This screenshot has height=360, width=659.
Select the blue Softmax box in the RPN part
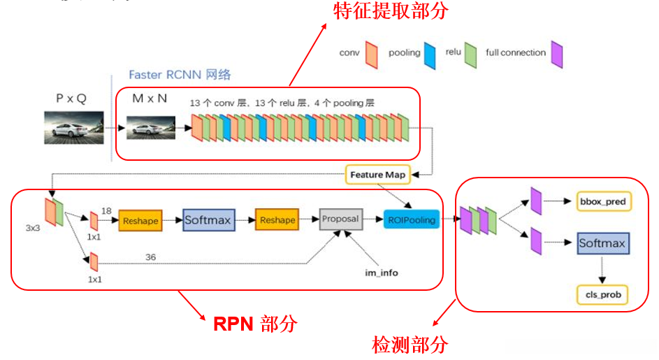[207, 220]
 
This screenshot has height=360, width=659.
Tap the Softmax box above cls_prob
[602, 244]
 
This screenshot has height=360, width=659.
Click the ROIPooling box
[412, 220]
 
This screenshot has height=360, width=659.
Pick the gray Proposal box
[340, 219]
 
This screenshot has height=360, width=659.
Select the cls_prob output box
[602, 295]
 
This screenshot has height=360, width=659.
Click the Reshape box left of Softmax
[140, 220]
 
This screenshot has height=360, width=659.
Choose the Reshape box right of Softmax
[277, 220]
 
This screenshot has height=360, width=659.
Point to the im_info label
[380, 273]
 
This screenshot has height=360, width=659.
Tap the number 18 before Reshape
[107, 210]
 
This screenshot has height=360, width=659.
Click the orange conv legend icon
[371, 55]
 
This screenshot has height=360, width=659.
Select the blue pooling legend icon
[430, 55]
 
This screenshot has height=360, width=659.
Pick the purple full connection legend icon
[556, 55]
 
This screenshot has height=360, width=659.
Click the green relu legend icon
[472, 55]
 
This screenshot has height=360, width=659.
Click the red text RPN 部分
[255, 324]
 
